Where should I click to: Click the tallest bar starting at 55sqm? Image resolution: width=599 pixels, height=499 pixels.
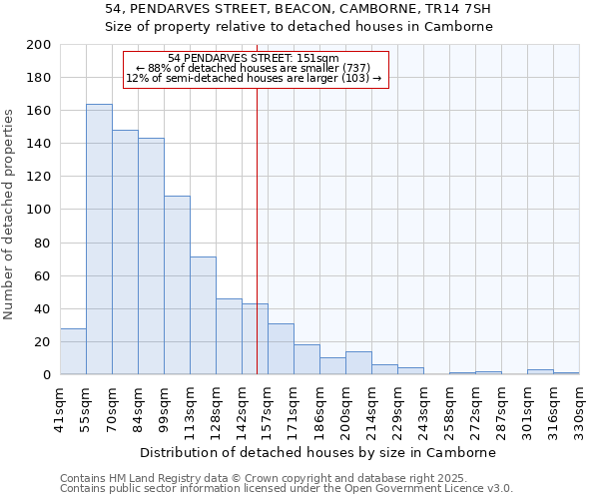99,240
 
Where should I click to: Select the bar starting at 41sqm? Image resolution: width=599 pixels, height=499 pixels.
73,351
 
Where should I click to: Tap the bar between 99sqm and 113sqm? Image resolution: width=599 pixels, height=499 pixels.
177,285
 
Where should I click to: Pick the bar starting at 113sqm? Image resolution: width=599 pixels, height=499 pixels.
203,315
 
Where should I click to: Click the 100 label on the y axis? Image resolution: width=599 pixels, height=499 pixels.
37,210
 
